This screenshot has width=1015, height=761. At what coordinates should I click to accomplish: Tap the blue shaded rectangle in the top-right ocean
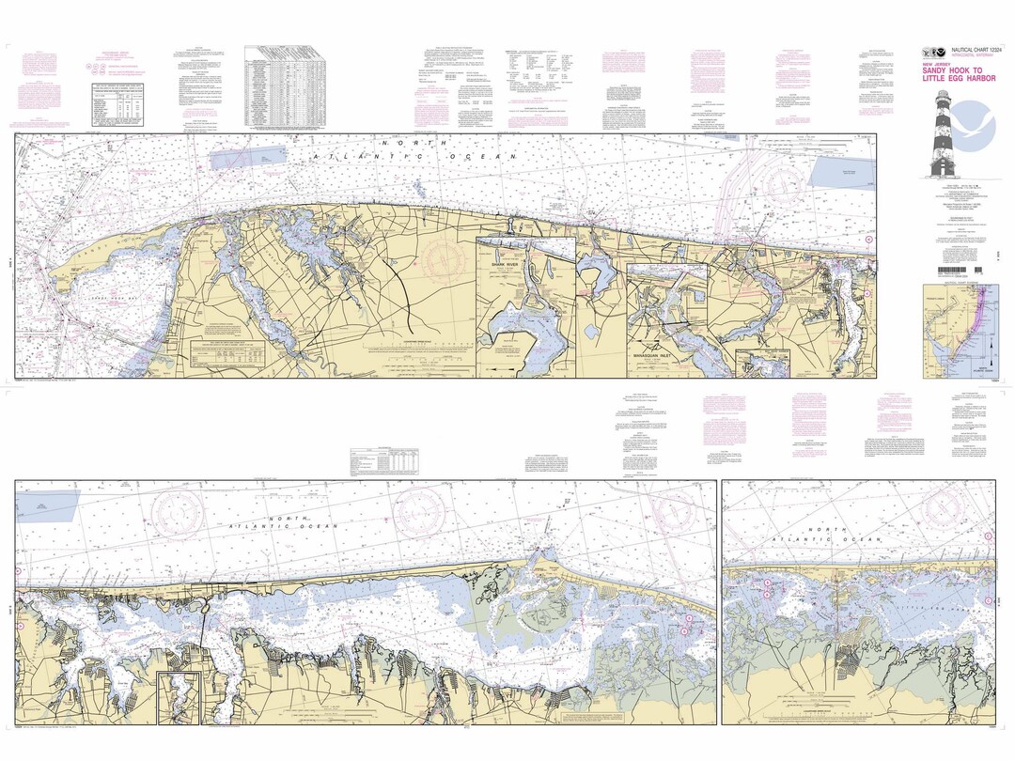click(x=843, y=171)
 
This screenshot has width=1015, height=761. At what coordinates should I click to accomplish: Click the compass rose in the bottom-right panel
click(x=948, y=507)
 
